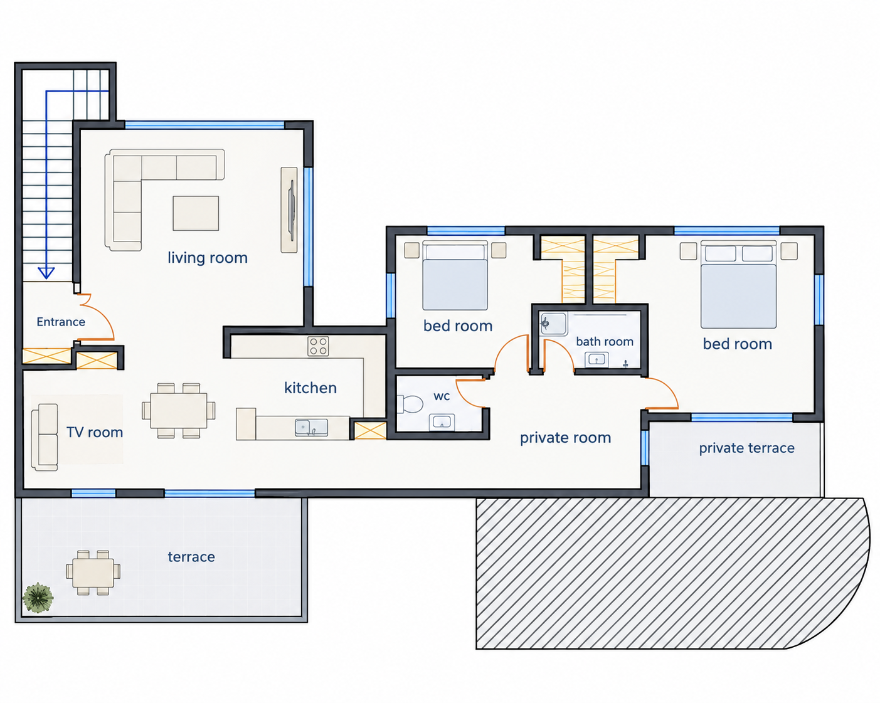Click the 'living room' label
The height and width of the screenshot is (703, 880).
pos(208,258)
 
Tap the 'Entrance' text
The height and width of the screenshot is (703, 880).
pos(61,322)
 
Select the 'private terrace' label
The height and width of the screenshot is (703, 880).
pos(746,448)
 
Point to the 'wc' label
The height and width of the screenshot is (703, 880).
pos(442,396)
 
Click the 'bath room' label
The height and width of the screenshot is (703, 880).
pos(605,342)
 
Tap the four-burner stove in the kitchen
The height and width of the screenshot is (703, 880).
pos(318,346)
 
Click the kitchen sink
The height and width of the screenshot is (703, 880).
pos(311,427)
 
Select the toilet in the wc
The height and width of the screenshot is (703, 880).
pos(410,404)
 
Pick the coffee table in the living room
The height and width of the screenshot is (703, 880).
pos(196,213)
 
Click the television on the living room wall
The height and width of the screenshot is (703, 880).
pos(291,210)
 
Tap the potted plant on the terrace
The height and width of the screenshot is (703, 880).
pos(38,598)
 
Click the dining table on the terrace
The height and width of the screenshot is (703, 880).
pos(93,573)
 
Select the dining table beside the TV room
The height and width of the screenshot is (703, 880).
pos(179,411)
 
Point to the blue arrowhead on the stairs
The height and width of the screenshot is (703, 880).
pos(46,273)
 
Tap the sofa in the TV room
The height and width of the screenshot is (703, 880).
pos(45,437)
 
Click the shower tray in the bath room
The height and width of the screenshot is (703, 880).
pos(553,324)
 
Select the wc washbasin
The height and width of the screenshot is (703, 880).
pos(442,421)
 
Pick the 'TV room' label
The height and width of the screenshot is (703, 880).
pos(95,432)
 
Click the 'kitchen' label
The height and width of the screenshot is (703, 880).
pos(310,388)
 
